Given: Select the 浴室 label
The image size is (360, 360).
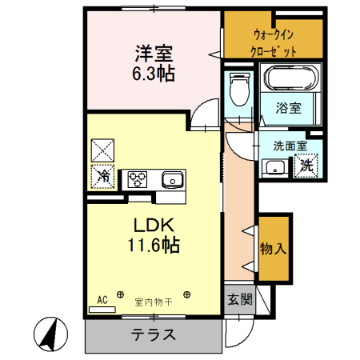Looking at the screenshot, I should (x=289, y=108).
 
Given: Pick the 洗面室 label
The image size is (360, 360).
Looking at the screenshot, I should (x=290, y=146).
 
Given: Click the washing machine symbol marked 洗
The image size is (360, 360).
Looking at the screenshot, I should (x=306, y=166).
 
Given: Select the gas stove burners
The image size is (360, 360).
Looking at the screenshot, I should (x=135, y=178).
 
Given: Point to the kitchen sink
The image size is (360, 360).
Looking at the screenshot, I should (x=171, y=178).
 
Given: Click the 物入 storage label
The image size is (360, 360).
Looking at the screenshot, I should (x=273, y=248).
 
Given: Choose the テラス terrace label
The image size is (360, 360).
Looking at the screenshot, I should (x=153, y=335).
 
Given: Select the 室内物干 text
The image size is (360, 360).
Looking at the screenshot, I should (x=153, y=302).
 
